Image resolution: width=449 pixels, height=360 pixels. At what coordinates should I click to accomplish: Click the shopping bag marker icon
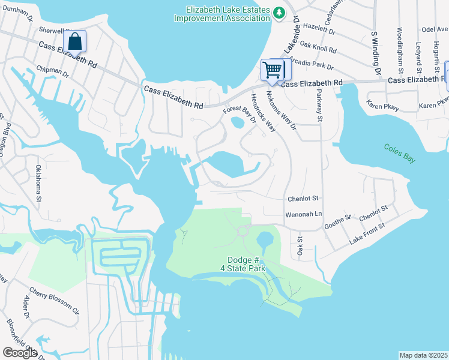[74, 41]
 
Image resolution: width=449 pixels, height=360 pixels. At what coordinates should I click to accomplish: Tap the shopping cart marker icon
[273, 70]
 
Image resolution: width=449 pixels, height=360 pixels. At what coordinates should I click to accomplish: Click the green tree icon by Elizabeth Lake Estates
[279, 13]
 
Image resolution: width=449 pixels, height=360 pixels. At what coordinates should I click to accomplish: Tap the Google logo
[20, 352]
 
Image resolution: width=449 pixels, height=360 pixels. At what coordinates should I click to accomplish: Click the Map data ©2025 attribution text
[423, 355]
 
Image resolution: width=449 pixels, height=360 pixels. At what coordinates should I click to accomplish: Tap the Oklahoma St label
[38, 182]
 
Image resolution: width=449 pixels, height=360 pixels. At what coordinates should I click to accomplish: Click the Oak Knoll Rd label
[318, 46]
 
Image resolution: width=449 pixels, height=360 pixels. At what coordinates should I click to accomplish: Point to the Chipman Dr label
[53, 70]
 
